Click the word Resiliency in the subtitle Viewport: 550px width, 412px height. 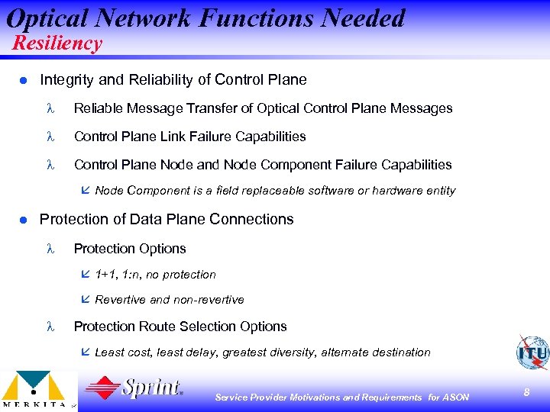coord(57,43)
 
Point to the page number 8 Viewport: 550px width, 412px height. coord(526,392)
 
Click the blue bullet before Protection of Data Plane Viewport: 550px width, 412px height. coord(24,220)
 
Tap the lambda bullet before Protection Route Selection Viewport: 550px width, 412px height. coord(50,327)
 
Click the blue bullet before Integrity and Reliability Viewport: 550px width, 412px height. coord(24,80)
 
